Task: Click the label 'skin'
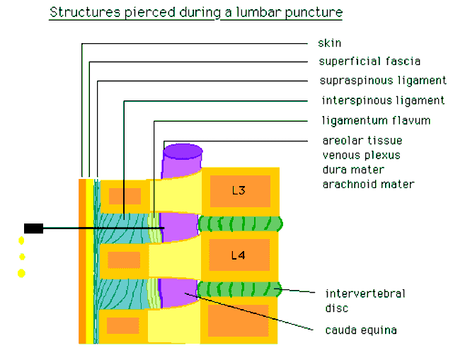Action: [330, 43]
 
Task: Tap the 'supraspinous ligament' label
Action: [382, 80]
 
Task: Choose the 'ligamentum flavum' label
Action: [374, 120]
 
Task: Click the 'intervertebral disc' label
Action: [365, 300]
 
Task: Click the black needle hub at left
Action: [33, 228]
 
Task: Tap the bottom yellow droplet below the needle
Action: [21, 273]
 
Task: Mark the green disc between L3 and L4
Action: [240, 224]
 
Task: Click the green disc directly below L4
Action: [240, 289]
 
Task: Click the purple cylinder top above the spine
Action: [183, 151]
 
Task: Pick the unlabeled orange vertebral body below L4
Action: [238, 320]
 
